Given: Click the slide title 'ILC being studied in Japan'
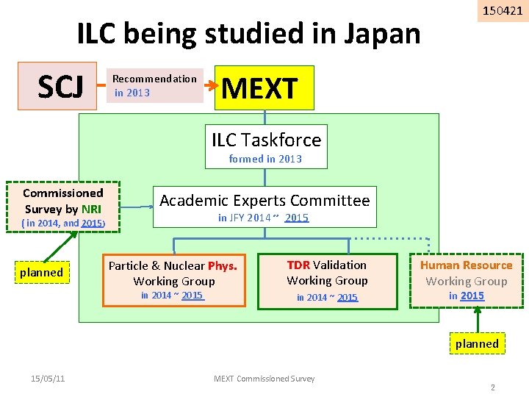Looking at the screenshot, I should (249, 35).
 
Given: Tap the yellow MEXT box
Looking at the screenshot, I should (264, 88).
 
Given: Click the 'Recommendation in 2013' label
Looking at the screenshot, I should (154, 85).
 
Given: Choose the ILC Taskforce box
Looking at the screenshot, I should (266, 140).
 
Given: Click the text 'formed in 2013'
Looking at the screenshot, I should (265, 159).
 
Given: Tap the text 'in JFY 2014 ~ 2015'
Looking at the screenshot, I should (263, 218).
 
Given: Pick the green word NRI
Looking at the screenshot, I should (92, 210).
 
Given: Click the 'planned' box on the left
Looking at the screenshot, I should (41, 273).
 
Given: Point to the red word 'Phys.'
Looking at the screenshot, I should (223, 266).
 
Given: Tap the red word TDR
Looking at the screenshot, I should (298, 265).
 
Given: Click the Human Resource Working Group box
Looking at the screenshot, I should (466, 279).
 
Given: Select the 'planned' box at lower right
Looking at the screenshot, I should (476, 343).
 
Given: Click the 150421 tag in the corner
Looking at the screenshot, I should (503, 11).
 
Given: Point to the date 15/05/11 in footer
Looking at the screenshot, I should (48, 379).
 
